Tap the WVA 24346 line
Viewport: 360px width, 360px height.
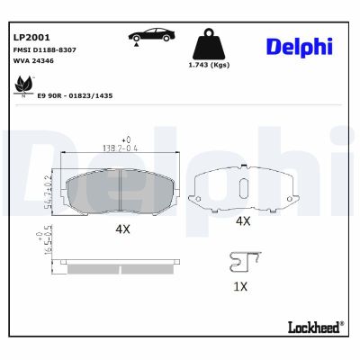[x=34, y=62]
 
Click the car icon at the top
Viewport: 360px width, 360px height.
[x=148, y=35]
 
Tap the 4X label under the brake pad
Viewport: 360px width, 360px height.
[x=122, y=229]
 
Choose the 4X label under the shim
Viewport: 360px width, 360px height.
[x=242, y=220]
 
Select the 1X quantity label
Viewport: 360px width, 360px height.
[x=240, y=286]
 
